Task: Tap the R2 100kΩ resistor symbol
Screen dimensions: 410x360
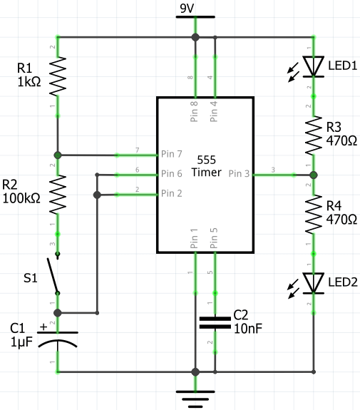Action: [58, 195]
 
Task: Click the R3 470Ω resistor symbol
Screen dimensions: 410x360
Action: [313, 136]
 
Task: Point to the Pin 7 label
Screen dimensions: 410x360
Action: [173, 154]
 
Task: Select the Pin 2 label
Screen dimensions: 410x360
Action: [173, 193]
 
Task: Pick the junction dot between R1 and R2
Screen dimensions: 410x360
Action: [58, 154]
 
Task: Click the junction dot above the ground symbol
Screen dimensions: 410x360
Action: [195, 371]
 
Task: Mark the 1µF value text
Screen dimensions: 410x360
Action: [22, 343]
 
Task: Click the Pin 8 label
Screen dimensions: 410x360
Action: [195, 112]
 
